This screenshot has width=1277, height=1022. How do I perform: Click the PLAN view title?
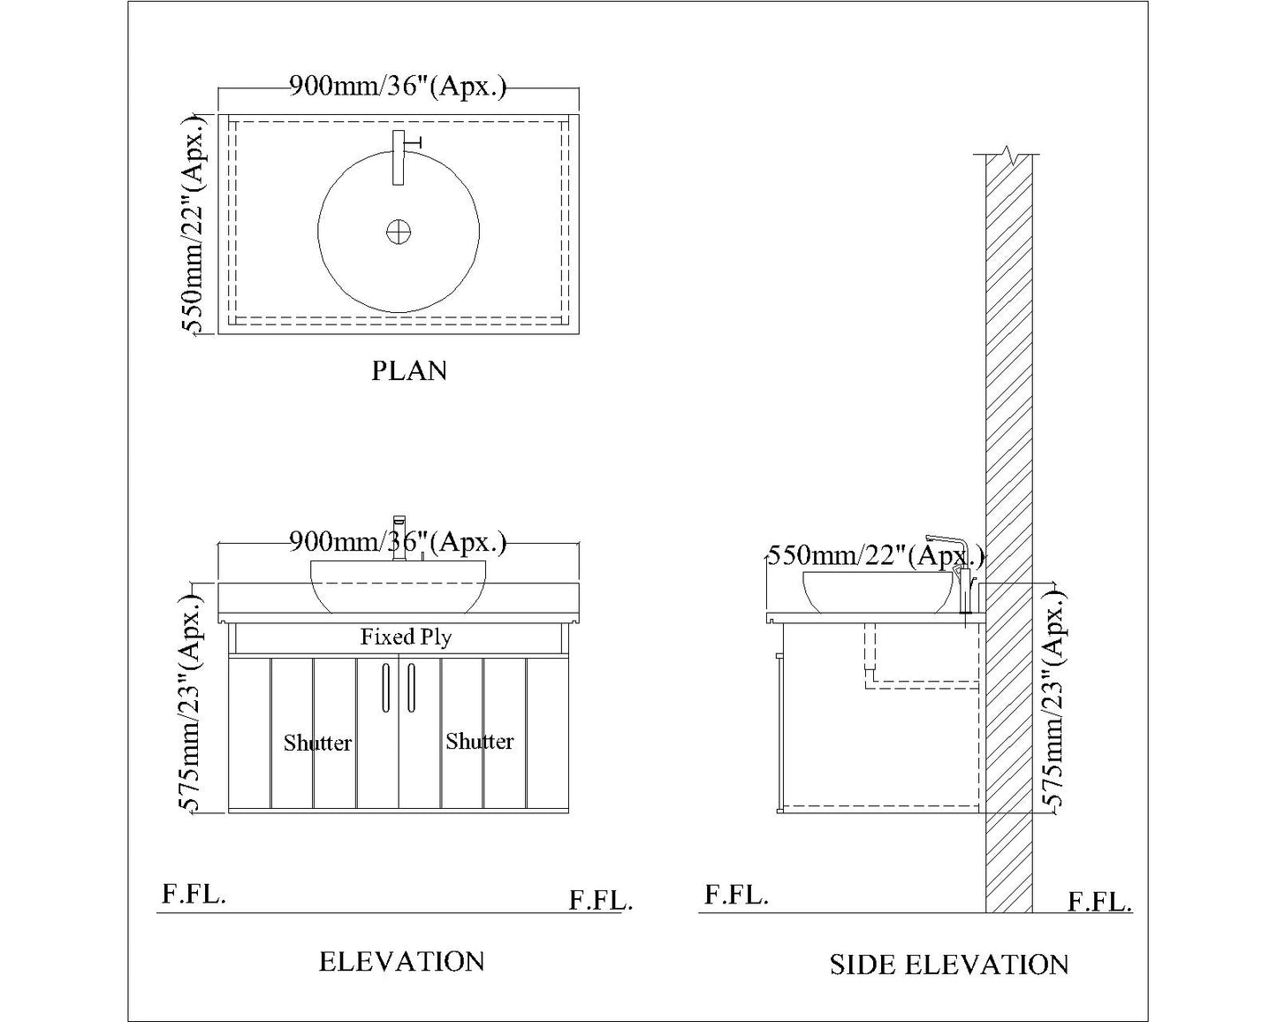(409, 371)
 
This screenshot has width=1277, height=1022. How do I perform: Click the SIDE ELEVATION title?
(949, 965)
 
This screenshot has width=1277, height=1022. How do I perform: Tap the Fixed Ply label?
(406, 637)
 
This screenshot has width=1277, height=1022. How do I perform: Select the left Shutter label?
(317, 743)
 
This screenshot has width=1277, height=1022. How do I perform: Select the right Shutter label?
(480, 741)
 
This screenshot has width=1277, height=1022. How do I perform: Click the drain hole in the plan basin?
(399, 232)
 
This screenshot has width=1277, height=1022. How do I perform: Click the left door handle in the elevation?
(385, 687)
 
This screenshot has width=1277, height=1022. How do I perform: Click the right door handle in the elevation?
(411, 687)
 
